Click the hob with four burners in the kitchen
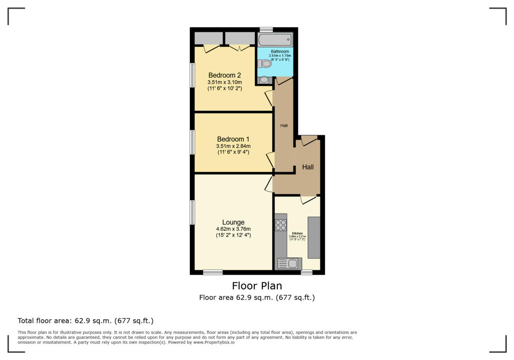click(281, 225)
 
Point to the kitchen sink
click(289, 264)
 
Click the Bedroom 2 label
click(224, 75)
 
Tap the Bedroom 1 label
click(233, 139)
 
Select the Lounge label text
click(233, 222)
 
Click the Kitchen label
click(297, 234)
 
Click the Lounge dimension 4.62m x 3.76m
click(233, 229)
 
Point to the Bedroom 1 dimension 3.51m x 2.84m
click(233, 146)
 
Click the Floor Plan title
click(257, 285)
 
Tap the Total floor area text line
click(85, 321)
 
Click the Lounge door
click(269, 183)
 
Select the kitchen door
click(308, 199)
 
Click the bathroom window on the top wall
click(266, 30)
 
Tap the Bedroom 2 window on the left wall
click(192, 75)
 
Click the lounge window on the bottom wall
click(212, 272)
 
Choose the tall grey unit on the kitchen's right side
click(314, 237)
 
